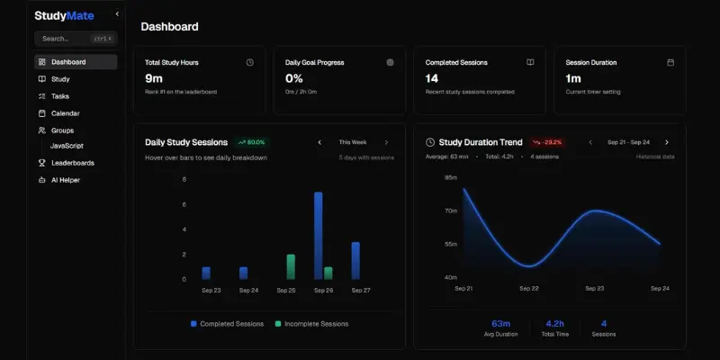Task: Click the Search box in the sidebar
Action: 76,39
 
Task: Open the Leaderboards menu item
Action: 72,163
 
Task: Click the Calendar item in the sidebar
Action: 65,113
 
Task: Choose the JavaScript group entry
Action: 67,145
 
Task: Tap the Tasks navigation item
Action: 60,96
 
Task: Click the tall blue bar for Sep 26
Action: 319,235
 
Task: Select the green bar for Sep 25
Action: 291,266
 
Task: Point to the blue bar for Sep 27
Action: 355,260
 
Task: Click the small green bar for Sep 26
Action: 328,273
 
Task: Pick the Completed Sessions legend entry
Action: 229,324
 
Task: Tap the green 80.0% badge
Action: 252,142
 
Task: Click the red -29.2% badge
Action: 547,142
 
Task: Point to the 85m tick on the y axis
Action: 451,178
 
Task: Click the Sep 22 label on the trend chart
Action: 529,288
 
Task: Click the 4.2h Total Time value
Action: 555,323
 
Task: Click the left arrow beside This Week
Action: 319,142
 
